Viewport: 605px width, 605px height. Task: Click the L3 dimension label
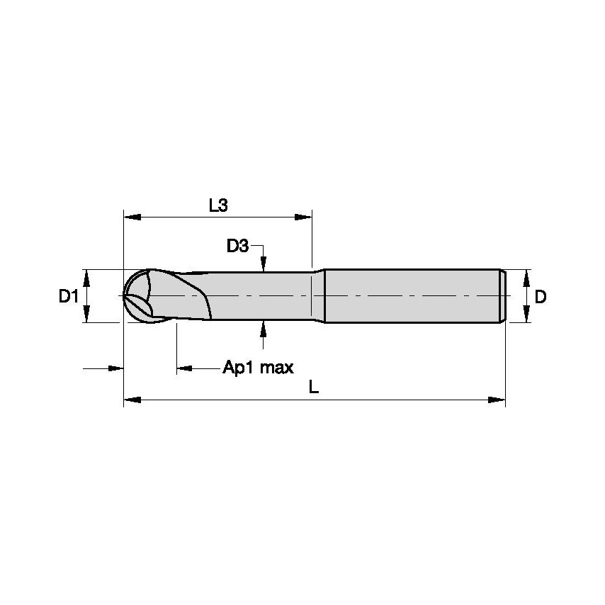217,206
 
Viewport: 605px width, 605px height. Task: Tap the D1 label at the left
68,297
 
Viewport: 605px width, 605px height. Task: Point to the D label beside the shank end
541,297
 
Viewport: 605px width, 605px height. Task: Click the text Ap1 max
258,368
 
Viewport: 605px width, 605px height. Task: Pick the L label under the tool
314,387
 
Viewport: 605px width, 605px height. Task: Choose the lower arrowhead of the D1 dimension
87,315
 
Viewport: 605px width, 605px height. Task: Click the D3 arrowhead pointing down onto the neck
264,265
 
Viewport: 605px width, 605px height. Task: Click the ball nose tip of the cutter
125,296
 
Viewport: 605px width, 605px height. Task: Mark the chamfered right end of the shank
502,296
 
